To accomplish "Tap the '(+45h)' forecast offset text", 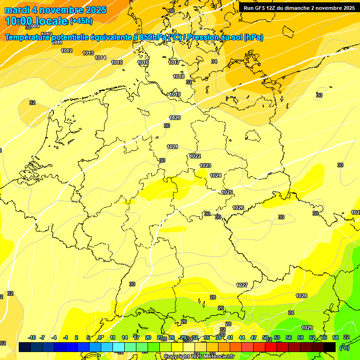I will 81,21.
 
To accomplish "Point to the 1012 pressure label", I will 67,51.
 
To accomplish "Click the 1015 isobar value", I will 117,62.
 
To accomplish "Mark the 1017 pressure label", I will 174,62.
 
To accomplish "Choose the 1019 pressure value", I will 175,94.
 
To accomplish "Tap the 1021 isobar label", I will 172,147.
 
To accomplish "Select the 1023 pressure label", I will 205,165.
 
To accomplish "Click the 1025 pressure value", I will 227,192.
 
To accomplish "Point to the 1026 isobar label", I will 238,208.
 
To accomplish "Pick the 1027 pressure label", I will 242,285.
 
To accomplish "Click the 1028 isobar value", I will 301,296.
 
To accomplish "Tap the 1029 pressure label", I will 307,328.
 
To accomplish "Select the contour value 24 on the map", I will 291,312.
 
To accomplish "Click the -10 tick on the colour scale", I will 32,337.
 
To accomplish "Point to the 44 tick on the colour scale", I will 242,337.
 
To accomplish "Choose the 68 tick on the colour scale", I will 336,337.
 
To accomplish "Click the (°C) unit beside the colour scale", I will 344,348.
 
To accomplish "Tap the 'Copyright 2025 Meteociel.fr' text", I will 199,357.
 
